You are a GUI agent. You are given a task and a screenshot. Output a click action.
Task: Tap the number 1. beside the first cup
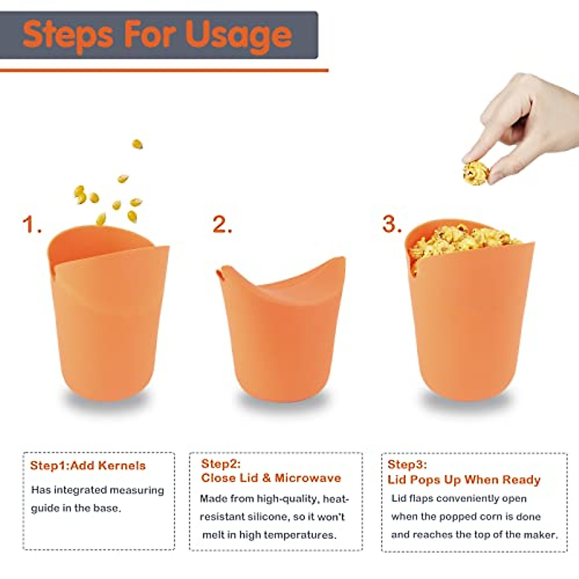31,225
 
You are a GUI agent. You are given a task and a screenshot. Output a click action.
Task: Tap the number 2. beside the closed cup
221,225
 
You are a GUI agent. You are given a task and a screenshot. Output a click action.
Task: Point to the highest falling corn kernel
138,144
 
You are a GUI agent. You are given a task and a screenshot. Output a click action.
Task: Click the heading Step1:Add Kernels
87,466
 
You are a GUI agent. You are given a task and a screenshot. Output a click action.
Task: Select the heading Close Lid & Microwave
271,478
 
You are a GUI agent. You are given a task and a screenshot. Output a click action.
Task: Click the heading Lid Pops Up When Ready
464,480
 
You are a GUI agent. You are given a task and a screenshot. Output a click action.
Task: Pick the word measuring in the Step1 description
137,490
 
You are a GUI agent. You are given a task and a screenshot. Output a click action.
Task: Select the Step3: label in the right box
407,465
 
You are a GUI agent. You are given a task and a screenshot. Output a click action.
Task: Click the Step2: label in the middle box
221,464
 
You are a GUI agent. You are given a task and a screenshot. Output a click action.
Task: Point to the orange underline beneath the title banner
164,70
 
